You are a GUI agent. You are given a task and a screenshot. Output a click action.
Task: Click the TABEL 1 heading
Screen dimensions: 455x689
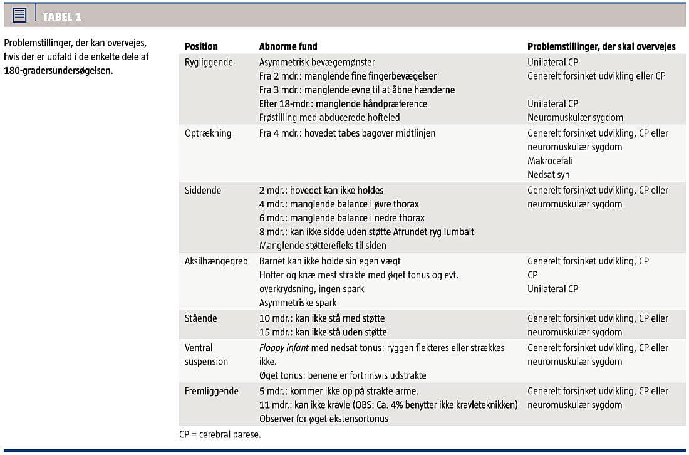(62, 16)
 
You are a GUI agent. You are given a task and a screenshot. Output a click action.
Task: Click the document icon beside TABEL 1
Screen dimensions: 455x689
(19, 16)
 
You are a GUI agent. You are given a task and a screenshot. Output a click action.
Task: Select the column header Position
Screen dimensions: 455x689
(201, 46)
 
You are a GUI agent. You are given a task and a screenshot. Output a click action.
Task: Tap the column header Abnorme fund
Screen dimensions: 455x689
(288, 46)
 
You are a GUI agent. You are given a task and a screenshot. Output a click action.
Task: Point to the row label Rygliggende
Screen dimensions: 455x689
(209, 62)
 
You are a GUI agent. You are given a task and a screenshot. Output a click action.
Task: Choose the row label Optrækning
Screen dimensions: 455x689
(208, 133)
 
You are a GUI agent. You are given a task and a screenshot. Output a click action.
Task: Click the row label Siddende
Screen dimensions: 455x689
(203, 190)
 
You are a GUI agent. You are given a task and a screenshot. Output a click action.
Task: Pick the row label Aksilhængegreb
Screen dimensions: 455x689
(216, 261)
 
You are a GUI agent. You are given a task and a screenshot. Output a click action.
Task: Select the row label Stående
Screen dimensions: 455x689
(201, 318)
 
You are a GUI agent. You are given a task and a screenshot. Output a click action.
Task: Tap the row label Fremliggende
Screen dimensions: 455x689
(212, 391)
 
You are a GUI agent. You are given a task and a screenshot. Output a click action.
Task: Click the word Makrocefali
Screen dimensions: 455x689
(550, 161)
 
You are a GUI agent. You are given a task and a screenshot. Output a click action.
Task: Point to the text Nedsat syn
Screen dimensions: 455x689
(549, 175)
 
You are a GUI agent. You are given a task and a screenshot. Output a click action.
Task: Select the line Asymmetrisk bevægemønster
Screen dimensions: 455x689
(317, 62)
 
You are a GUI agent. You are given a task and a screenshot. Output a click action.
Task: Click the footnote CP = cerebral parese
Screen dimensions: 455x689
(220, 434)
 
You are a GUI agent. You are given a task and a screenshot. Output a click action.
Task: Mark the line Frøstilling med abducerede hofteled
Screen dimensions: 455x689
(329, 117)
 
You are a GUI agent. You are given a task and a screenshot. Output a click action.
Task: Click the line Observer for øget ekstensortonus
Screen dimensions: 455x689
(324, 419)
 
